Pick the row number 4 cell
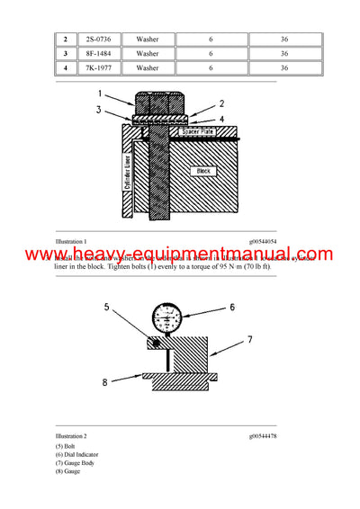(65, 67)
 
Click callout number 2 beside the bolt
(222, 103)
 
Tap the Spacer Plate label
(200, 132)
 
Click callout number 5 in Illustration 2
(106, 307)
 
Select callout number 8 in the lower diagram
(105, 381)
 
